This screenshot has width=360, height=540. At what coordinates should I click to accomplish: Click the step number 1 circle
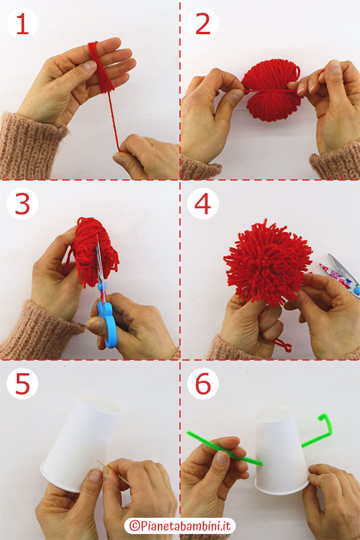[22, 25]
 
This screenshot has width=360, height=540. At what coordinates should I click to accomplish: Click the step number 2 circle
[202, 25]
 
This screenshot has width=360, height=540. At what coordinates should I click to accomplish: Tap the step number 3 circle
[22, 205]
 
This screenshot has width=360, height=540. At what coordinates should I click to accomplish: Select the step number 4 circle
[202, 205]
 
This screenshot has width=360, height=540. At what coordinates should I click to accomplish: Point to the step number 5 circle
[22, 385]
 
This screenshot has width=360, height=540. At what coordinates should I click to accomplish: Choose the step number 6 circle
[202, 385]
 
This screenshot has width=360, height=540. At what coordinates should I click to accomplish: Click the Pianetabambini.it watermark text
[180, 526]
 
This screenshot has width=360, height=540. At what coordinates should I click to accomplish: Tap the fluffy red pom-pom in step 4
[267, 261]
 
